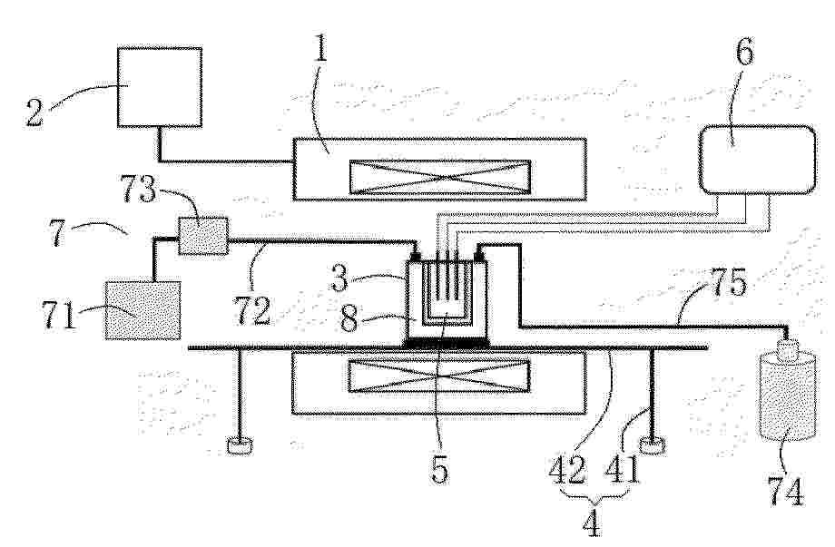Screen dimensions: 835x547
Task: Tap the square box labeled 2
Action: click(160, 87)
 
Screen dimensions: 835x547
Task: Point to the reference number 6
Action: click(744, 53)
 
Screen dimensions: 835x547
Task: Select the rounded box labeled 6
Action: click(757, 160)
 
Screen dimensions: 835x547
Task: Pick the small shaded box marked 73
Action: click(203, 236)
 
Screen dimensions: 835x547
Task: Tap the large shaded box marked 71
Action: click(143, 309)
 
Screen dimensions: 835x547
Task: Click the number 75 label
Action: click(729, 282)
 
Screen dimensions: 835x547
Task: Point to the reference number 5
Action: click(439, 469)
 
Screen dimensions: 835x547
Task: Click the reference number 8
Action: click(350, 319)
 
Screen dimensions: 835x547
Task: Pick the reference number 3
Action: click(340, 278)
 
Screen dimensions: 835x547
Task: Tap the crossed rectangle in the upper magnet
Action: click(439, 177)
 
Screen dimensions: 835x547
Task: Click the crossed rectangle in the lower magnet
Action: click(438, 376)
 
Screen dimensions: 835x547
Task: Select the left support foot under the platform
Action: click(241, 445)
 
